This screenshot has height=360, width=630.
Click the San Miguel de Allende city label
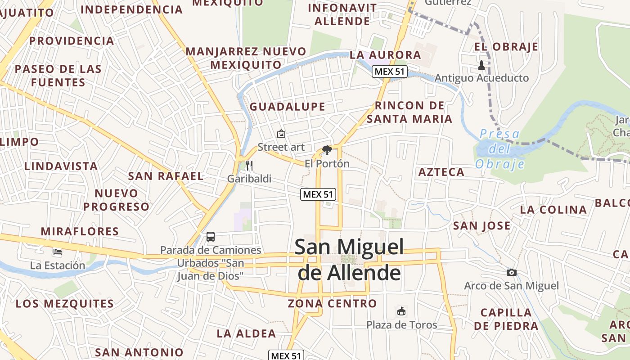[x=349, y=260]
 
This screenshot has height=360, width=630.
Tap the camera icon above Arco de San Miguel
[x=511, y=272]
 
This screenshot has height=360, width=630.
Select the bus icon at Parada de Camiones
[x=210, y=236]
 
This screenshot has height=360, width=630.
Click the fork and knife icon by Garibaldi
[x=249, y=165]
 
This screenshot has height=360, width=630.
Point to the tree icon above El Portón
[x=327, y=150]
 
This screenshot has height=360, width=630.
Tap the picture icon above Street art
[x=281, y=134]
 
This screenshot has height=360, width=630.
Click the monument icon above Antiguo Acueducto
[x=481, y=65]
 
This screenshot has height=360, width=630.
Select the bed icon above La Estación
[x=57, y=252]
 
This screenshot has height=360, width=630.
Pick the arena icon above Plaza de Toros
[x=401, y=311]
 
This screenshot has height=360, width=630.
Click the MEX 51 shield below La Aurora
[x=390, y=71]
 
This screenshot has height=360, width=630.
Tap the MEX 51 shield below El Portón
[x=318, y=194]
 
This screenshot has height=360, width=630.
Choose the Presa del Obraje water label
[x=499, y=149]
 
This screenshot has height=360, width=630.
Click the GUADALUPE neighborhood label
[x=287, y=107]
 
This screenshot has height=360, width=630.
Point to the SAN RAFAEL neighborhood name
[x=166, y=176]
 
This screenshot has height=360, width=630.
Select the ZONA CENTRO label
[x=332, y=303]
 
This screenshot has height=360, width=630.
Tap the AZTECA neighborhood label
[x=441, y=172]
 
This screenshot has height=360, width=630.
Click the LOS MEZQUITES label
[x=65, y=303]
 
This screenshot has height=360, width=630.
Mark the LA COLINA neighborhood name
[x=553, y=210]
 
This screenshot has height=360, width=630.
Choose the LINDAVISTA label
[x=61, y=166]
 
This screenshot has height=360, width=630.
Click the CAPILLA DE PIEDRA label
[x=506, y=319]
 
